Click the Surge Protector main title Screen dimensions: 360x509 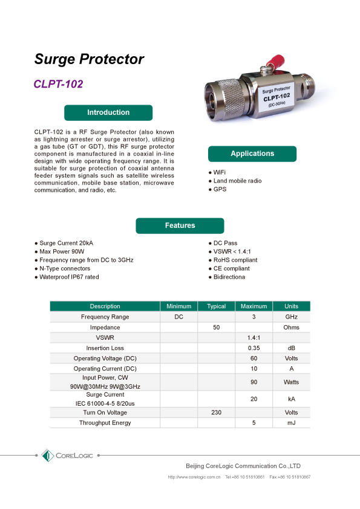point(89,59)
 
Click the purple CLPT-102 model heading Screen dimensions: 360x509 point(59,84)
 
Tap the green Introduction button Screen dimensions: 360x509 point(108,112)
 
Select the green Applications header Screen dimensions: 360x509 point(252,154)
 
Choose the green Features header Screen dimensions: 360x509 point(180,225)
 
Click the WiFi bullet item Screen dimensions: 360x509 point(219,172)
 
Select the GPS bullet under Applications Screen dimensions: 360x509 point(219,190)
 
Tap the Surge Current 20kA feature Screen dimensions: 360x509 point(66,243)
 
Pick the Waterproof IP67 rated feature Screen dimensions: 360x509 point(69,277)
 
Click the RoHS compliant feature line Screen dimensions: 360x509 point(235,260)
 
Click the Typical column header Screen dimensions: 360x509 point(216,306)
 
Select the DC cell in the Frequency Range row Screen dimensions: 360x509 point(178,317)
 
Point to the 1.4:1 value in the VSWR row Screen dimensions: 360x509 point(254,337)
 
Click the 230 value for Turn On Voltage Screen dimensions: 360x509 point(216,412)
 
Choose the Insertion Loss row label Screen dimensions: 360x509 point(105,348)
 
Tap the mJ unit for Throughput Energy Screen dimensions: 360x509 point(291,423)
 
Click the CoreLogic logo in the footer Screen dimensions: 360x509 point(67,455)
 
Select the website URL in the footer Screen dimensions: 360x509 point(194,477)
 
